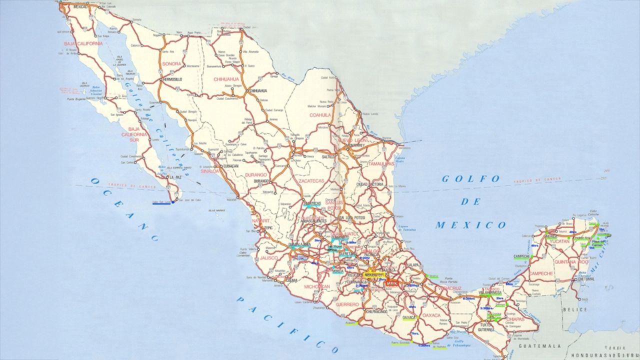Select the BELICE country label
click(585, 309)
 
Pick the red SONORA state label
click(171, 64)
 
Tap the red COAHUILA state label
click(320, 114)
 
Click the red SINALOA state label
click(210, 171)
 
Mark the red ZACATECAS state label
click(311, 180)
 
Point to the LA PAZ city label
click(175, 177)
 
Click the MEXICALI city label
click(80, 7)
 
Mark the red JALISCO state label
click(269, 258)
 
